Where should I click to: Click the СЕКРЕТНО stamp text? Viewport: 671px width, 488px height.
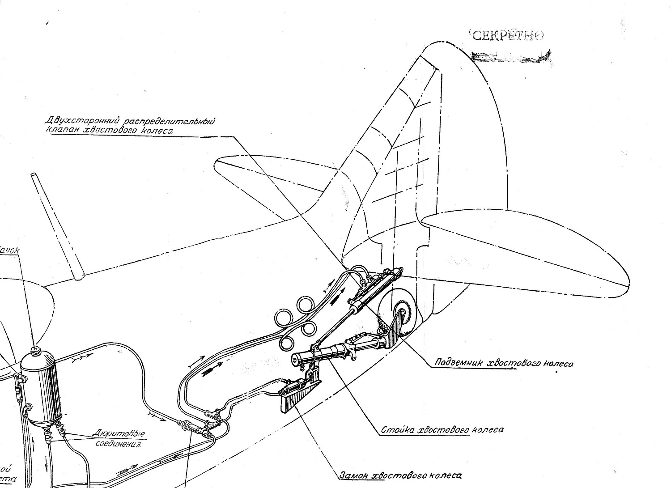pyautogui.click(x=507, y=36)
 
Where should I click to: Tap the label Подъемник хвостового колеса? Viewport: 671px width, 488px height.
pyautogui.click(x=504, y=363)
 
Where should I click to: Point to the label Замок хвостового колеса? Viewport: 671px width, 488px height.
pyautogui.click(x=400, y=475)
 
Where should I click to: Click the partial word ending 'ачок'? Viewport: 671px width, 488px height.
pyautogui.click(x=10, y=250)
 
